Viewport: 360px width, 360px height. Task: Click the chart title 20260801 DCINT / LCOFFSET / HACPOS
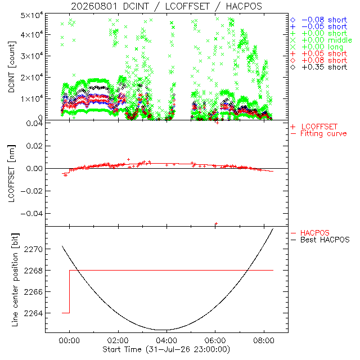pos(166,6)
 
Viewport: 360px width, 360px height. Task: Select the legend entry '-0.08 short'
pos(319,20)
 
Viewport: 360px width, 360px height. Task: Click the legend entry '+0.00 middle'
pos(321,40)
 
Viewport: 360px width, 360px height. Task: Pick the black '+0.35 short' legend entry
pos(319,67)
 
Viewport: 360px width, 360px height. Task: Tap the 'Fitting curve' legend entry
pos(319,134)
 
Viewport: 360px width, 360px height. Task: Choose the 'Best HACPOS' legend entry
pos(320,240)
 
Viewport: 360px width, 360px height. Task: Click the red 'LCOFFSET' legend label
pos(314,127)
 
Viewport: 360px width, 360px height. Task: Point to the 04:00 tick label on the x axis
pos(166,340)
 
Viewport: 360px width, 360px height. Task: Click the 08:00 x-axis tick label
pos(264,340)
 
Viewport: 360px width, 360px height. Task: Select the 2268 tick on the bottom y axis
pos(33,271)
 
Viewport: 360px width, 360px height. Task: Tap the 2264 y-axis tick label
pos(33,313)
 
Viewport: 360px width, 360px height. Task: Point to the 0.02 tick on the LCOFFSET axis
pos(34,146)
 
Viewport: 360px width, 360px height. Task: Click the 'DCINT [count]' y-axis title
pos(11,67)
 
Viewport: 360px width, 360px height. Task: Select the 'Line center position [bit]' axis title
pos(15,280)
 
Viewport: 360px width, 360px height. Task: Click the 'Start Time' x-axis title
pos(166,349)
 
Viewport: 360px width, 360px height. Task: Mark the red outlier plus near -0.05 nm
pos(216,223)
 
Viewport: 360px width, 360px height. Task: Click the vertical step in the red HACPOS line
pos(69,291)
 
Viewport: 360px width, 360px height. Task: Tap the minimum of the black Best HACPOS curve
pos(164,330)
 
